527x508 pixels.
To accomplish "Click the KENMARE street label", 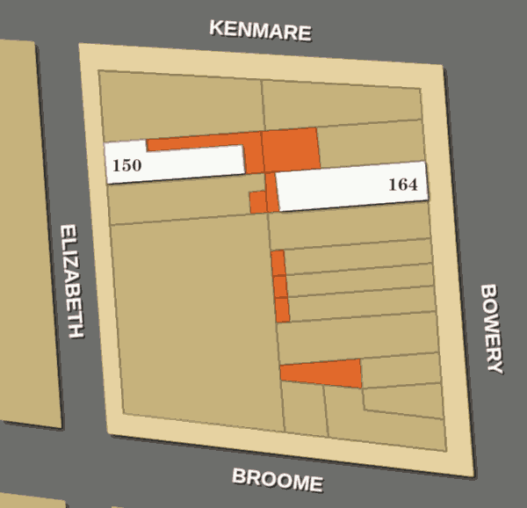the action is coord(260,31).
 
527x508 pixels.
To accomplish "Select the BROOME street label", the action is coord(278,481).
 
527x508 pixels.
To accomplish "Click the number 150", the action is coord(127,164).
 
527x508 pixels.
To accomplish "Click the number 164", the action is coord(402,185).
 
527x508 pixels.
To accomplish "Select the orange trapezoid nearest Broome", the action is coord(325,374).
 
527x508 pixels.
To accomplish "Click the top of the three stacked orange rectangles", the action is coord(278,263).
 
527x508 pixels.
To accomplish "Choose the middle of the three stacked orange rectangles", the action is coord(279,287).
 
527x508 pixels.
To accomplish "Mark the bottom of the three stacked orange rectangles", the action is coord(282,309).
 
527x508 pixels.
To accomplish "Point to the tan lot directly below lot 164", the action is coord(351,226).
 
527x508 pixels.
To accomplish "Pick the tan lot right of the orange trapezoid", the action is coord(400,371).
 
